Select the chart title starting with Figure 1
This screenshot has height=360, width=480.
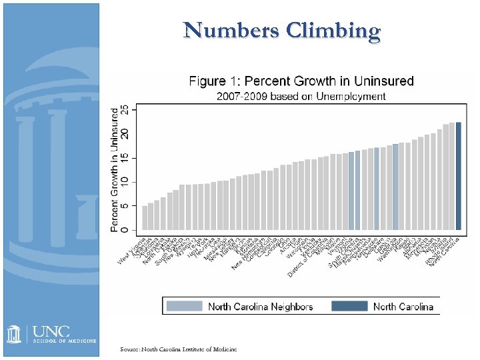tap(301, 81)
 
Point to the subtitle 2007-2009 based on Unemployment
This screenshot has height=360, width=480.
tap(301, 96)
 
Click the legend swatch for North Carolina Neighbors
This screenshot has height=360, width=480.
tap(185, 306)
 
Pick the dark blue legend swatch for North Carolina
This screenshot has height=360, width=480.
tap(349, 306)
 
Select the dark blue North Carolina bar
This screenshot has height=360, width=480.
tap(458, 176)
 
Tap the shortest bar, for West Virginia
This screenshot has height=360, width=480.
tap(145, 218)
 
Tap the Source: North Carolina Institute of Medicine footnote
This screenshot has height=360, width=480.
tap(177, 349)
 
